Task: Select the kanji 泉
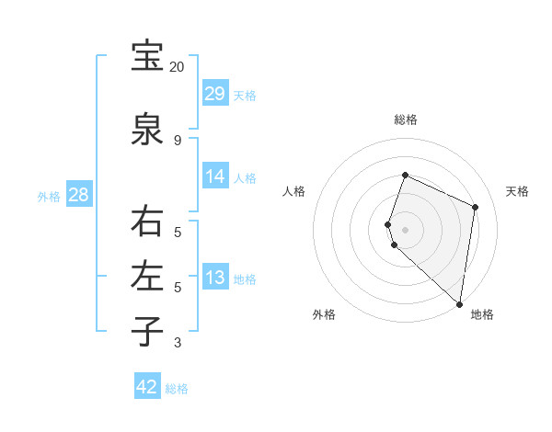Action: (146, 129)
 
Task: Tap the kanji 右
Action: (146, 222)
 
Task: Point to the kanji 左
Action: (146, 276)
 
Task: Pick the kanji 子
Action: (146, 330)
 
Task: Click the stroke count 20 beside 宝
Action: (177, 67)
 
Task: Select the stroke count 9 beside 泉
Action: (177, 140)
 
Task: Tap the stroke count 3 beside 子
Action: (177, 343)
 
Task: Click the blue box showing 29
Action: (215, 94)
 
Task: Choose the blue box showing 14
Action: (215, 176)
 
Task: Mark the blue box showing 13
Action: (215, 278)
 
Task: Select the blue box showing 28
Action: (78, 195)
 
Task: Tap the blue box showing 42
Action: (146, 387)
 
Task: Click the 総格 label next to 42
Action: (178, 389)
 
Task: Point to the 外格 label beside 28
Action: (49, 197)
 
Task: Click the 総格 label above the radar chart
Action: (405, 119)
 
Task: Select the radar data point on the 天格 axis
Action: (476, 207)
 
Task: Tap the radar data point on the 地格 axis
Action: (459, 303)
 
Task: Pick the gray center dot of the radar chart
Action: (405, 229)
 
